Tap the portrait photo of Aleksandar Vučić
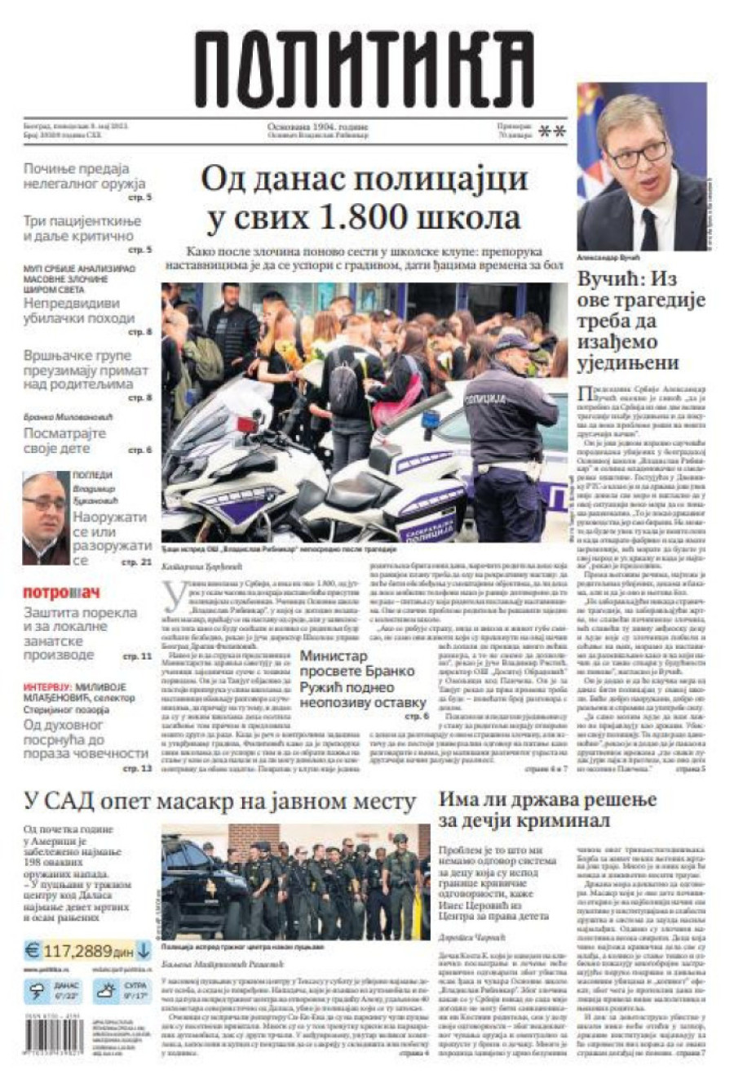pos(641,167)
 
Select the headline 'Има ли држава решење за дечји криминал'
pos(548,809)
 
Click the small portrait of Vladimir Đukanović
pos(45,518)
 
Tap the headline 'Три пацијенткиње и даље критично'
pos(82,229)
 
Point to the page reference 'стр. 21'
pos(135,562)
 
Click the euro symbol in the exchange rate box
pos(33,950)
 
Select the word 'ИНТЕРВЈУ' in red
pos(47,687)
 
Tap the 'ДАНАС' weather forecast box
pos(54,991)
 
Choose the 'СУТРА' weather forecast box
pos(120,991)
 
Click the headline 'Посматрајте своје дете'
pos(65,441)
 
